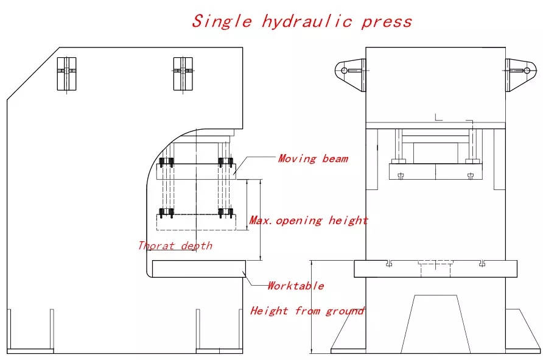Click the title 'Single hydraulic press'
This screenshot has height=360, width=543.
302,21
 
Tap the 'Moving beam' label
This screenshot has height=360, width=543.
313,158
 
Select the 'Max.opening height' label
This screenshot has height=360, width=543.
309,220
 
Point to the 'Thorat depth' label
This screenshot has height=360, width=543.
175,245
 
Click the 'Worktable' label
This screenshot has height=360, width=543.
296,286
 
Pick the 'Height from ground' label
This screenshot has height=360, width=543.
307,311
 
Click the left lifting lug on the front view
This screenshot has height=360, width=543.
351,71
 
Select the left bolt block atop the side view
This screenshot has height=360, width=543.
67,73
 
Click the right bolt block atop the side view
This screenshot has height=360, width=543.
183,73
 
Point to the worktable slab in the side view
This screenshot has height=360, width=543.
198,269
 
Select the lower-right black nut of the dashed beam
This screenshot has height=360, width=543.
226,213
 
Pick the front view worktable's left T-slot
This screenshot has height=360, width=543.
389,263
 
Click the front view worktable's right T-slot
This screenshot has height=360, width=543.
482,263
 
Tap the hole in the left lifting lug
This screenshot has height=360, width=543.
344,70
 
